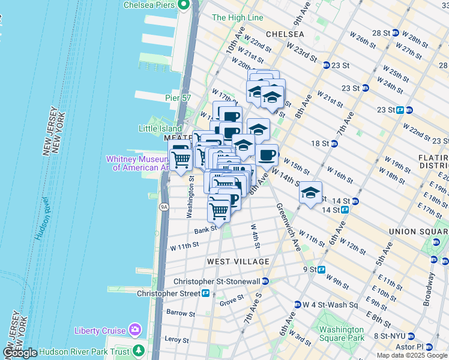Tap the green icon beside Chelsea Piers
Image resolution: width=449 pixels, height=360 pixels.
click(185, 5)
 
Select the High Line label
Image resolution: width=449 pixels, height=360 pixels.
click(238, 18)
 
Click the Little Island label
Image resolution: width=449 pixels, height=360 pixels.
click(160, 128)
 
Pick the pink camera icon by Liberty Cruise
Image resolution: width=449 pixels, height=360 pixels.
click(136, 330)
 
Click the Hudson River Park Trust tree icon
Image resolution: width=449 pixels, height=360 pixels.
click(139, 350)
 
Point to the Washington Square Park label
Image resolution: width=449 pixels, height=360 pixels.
click(341, 334)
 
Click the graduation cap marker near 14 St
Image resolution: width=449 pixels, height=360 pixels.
click(310, 193)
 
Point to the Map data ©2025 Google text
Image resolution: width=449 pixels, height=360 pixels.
click(412, 355)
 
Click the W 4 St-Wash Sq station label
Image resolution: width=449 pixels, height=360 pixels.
click(330, 305)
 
